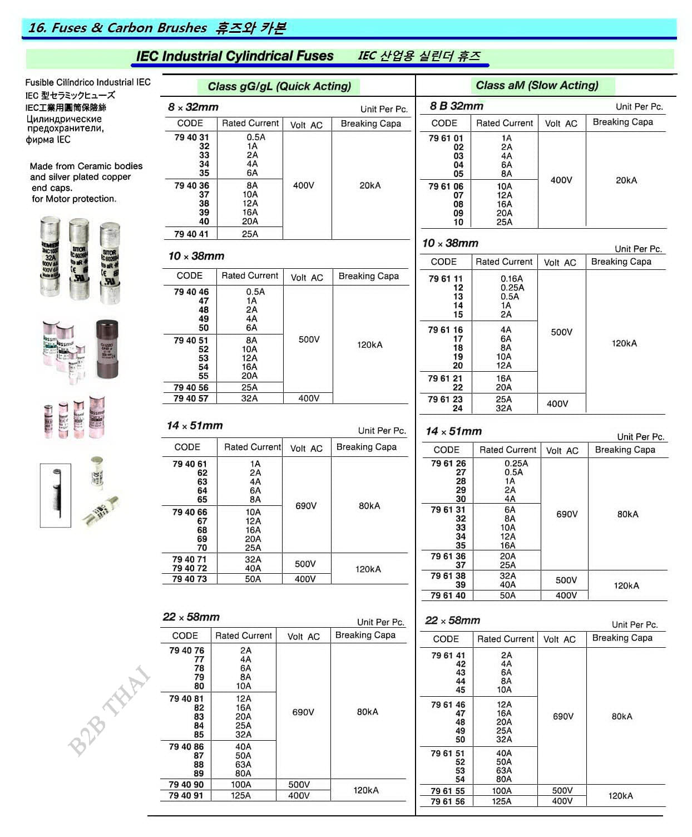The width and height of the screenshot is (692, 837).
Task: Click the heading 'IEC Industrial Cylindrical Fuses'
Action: tap(234, 56)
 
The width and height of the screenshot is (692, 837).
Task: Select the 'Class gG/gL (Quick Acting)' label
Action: tap(279, 86)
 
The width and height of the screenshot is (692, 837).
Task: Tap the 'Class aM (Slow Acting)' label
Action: tap(537, 85)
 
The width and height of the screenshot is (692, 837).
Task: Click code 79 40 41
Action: tap(191, 234)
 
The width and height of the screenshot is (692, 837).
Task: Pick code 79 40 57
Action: tap(191, 398)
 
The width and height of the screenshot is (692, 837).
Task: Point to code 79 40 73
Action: tap(189, 579)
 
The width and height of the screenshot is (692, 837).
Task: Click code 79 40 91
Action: tap(186, 796)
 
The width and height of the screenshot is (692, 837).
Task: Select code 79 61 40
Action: tap(448, 595)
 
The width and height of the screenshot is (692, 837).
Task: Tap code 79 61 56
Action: tap(448, 801)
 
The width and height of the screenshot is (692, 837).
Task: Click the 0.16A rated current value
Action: tap(511, 279)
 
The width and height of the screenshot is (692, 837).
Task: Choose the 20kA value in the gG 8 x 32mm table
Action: tap(370, 185)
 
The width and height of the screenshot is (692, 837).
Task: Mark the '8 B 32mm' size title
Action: tap(457, 106)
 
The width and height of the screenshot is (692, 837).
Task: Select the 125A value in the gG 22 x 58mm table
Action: tap(241, 796)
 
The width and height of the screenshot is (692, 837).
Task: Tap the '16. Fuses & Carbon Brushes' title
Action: tap(117, 28)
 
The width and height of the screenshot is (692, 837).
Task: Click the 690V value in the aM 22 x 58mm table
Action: tap(563, 716)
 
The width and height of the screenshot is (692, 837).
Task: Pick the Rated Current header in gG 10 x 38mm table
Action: tap(250, 275)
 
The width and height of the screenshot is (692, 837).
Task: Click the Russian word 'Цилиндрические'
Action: tap(64, 119)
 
